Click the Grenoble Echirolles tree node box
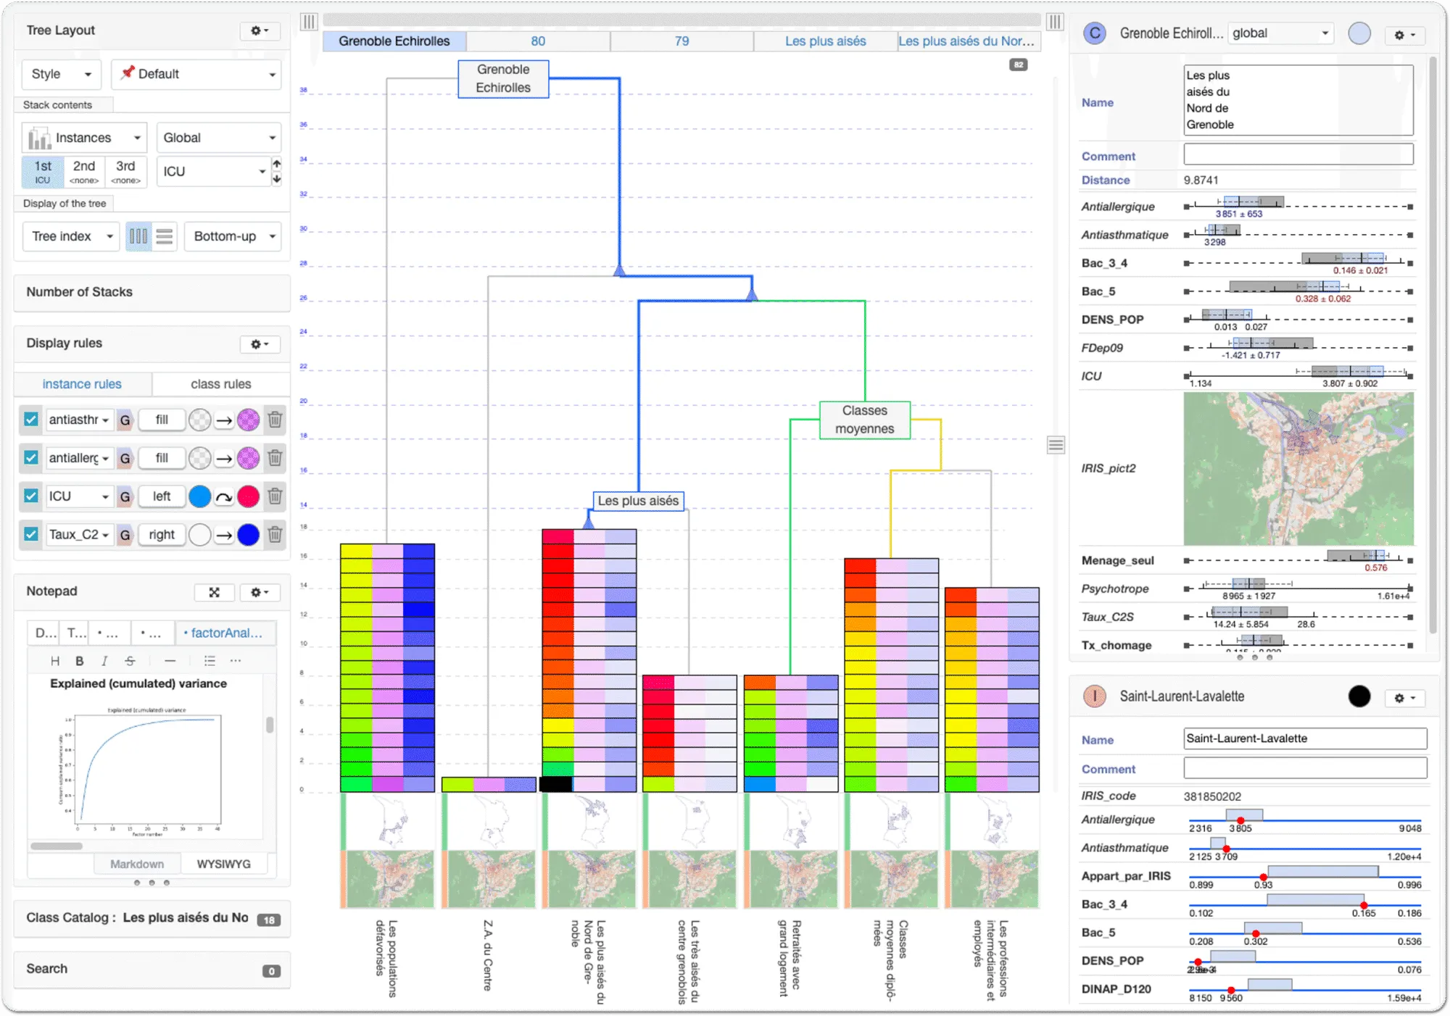pyautogui.click(x=503, y=79)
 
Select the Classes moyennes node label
pyautogui.click(x=864, y=420)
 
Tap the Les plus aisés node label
pyautogui.click(x=638, y=501)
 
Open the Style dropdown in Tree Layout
pyautogui.click(x=61, y=74)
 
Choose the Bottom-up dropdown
pyautogui.click(x=232, y=236)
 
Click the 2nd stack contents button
pyautogui.click(x=84, y=172)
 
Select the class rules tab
pyautogui.click(x=220, y=384)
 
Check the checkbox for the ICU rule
pyautogui.click(x=30, y=496)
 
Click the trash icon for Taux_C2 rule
pyautogui.click(x=275, y=535)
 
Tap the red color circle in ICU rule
pyautogui.click(x=248, y=496)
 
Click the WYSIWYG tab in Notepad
pyautogui.click(x=223, y=864)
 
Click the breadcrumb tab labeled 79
pyautogui.click(x=681, y=41)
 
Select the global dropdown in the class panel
pyautogui.click(x=1280, y=33)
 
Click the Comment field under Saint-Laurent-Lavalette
pyautogui.click(x=1304, y=768)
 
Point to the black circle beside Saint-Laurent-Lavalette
pyautogui.click(x=1359, y=696)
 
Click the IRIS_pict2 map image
pyautogui.click(x=1298, y=468)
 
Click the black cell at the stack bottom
pyautogui.click(x=556, y=783)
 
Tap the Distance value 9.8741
pyautogui.click(x=1201, y=180)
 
